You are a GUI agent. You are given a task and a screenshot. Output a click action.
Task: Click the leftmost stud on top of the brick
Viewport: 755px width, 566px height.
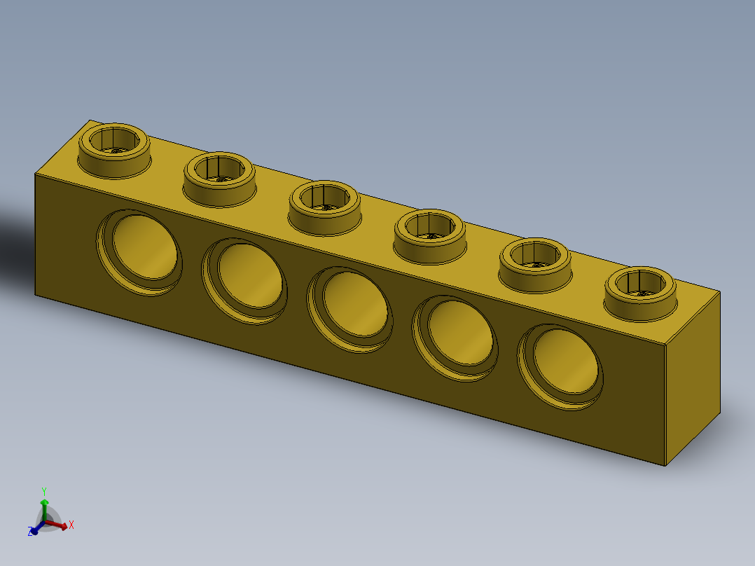[113, 149]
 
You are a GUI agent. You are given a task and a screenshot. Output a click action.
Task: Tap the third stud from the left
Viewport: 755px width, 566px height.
[325, 207]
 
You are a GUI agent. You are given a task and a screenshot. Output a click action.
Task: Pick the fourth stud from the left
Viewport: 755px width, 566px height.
[430, 235]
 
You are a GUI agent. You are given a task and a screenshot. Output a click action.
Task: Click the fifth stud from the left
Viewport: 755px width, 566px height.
[534, 264]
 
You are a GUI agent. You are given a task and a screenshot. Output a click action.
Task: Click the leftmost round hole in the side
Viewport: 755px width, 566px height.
[141, 251]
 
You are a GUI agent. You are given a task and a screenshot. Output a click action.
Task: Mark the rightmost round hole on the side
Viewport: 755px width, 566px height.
[562, 366]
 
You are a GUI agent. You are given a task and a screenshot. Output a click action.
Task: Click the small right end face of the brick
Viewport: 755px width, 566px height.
[692, 379]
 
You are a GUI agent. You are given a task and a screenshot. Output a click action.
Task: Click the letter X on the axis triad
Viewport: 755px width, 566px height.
[71, 524]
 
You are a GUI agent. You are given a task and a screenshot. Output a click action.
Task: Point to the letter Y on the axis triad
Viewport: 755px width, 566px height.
[43, 490]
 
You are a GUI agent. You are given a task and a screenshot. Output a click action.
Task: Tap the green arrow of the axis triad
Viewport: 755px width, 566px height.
[44, 506]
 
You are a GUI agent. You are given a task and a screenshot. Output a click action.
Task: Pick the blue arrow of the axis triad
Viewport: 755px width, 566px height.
[36, 528]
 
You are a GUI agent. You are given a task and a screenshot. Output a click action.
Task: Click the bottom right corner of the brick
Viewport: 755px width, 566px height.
[667, 466]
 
